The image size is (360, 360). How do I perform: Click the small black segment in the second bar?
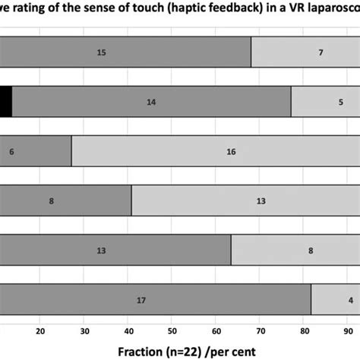(5, 102)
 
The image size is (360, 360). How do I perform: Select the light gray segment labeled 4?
(335, 299)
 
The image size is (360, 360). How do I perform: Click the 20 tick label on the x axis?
(40, 330)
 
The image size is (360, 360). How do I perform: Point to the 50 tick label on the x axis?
(172, 330)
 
